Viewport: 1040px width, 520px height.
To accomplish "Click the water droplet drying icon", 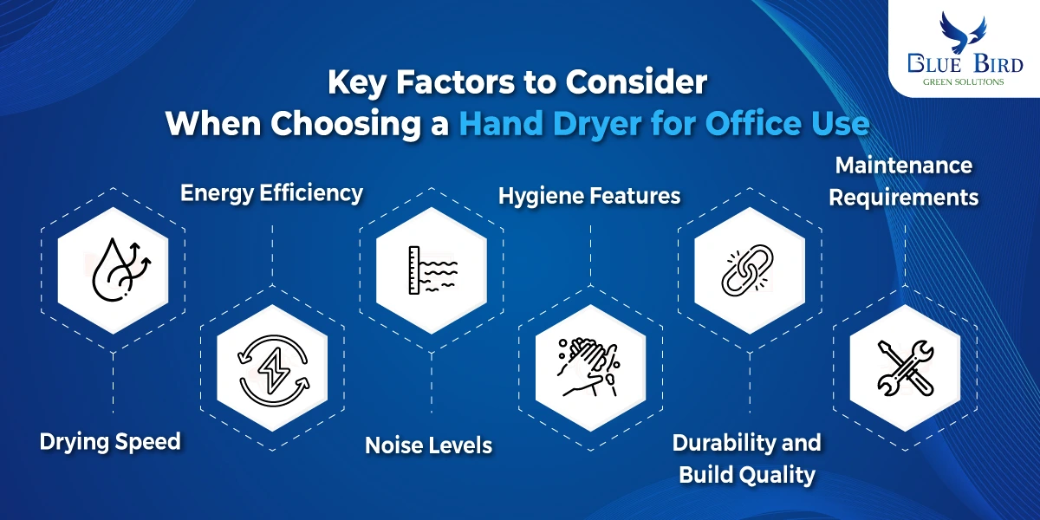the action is click(x=121, y=270).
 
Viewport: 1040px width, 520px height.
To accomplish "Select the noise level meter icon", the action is click(x=432, y=270).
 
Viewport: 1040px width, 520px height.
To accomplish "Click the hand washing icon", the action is click(x=588, y=367).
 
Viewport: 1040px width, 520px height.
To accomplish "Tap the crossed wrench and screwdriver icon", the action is click(x=906, y=368).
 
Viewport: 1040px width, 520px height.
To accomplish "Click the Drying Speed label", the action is click(x=110, y=441).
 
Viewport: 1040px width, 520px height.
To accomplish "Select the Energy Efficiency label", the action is click(x=271, y=193).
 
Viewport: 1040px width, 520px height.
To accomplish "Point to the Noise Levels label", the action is click(x=428, y=445).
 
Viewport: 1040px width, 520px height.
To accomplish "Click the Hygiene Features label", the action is click(x=589, y=196).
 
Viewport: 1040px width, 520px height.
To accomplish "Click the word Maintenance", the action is click(x=904, y=166).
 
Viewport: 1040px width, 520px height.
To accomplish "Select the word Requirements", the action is click(x=904, y=198).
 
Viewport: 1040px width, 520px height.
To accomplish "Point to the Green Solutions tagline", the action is click(x=963, y=82).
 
